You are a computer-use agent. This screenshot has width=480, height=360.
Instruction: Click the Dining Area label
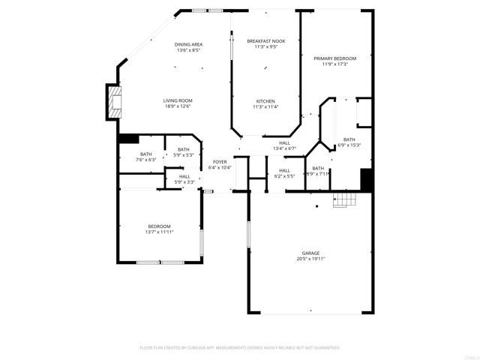(189, 44)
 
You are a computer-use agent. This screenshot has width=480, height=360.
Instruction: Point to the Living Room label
(178, 100)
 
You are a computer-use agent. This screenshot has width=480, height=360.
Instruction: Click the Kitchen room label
(265, 101)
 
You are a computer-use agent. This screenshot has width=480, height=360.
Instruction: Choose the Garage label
(311, 253)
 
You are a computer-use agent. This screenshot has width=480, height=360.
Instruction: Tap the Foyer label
(220, 162)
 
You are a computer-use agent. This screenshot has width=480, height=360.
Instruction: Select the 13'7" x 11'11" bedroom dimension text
(159, 232)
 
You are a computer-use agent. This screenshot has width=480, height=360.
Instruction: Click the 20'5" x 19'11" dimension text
(310, 259)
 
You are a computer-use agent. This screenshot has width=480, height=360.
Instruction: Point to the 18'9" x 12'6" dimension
(178, 106)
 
